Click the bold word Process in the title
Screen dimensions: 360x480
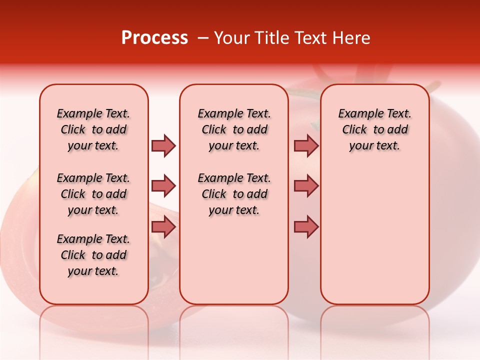[154, 38]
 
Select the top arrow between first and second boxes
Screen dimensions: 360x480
[163, 145]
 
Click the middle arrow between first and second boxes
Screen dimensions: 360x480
[163, 186]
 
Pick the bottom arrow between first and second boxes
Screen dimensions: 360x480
[163, 226]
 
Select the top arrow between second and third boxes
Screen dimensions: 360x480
[306, 145]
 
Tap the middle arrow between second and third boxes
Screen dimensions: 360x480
[306, 186]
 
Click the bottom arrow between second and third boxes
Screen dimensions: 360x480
[306, 226]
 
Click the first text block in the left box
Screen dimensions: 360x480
[93, 129]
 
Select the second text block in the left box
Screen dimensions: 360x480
[93, 194]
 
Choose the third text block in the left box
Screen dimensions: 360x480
[93, 255]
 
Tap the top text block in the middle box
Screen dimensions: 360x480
[234, 129]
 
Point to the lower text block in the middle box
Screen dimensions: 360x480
[234, 194]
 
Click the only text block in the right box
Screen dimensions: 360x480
[374, 129]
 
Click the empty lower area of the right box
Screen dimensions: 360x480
[374, 235]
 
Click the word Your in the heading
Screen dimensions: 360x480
[231, 38]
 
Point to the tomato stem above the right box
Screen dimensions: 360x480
[330, 75]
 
